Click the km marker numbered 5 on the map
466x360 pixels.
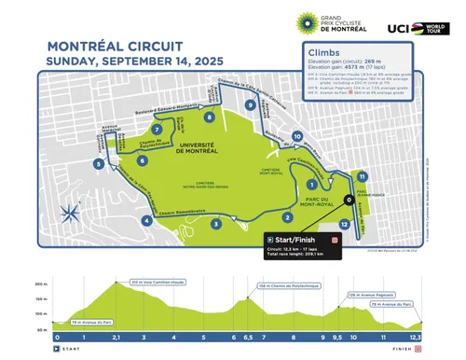point(97,164)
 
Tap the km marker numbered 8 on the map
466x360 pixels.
point(211,118)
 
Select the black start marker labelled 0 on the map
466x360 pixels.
point(348,200)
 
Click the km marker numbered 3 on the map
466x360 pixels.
point(215,224)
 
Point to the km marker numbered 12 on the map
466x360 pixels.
point(345,224)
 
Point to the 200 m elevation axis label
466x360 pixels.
point(40,283)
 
